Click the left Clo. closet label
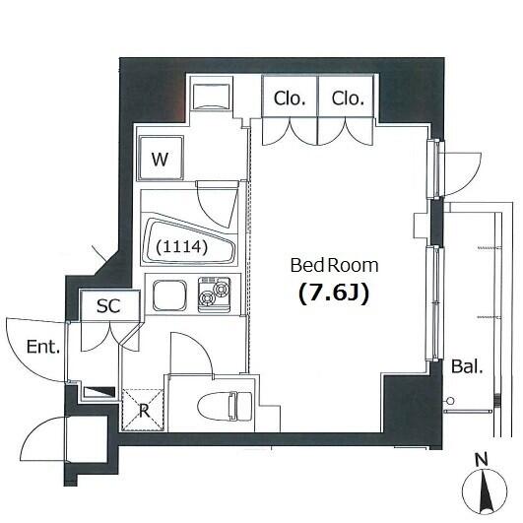point(290,98)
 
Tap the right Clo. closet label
point(348,98)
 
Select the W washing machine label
point(160,160)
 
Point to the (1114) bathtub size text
point(182,247)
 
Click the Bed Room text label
point(334,266)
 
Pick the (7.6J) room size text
point(334,294)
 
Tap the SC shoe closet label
point(108,305)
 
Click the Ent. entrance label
point(43,347)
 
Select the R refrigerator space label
point(144,411)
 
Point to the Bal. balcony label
point(467,366)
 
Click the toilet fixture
point(225,406)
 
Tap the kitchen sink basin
point(169,294)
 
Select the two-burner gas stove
point(214,294)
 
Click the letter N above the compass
point(482,460)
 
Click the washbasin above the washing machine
point(211,97)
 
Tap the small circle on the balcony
point(450,401)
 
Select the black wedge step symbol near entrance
point(99,392)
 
